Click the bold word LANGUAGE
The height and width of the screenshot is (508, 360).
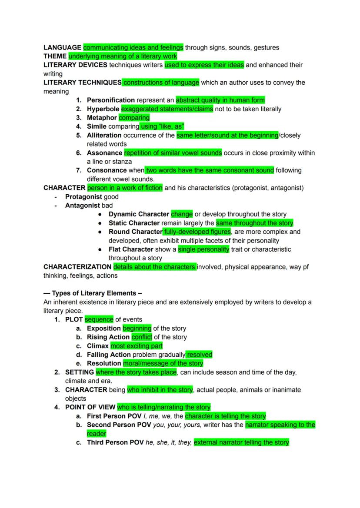[x=62, y=47]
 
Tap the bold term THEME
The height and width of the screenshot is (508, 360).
[x=55, y=56]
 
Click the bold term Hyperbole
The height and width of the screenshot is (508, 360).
[x=103, y=109]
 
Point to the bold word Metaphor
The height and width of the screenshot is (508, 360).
[x=102, y=118]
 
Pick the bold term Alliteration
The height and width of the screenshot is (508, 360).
[x=106, y=135]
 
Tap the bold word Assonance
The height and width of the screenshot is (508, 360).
[x=104, y=153]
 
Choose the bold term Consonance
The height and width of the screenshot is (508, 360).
[x=107, y=170]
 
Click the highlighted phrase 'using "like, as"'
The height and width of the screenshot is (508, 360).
[x=162, y=126]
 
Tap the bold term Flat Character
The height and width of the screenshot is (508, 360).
[x=131, y=249]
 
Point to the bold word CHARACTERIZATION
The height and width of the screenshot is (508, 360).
[x=77, y=267]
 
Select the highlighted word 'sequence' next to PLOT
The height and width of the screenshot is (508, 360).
[x=99, y=319]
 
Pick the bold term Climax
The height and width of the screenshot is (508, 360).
[x=98, y=346]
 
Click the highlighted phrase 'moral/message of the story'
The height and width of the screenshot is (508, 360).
[x=163, y=363]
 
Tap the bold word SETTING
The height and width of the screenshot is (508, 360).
[x=80, y=372]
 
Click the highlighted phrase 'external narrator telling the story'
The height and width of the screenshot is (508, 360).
[x=241, y=442]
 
